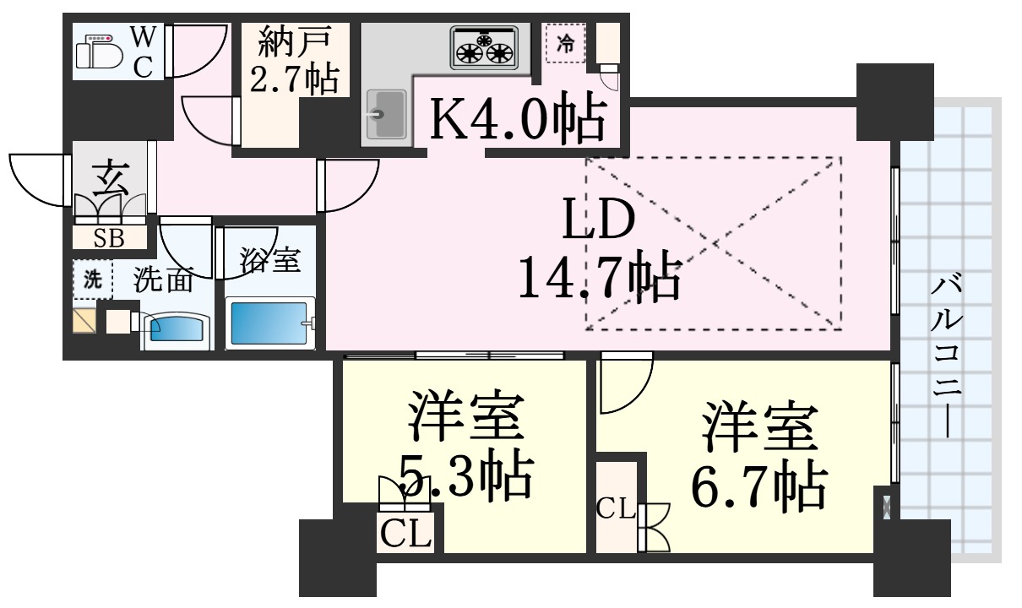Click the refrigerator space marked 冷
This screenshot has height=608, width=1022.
point(567,45)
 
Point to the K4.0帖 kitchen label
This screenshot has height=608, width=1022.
point(518,120)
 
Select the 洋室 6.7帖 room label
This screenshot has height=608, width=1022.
point(756,455)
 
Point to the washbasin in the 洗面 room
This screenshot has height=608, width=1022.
point(174,328)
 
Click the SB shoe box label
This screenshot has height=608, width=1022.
point(109,238)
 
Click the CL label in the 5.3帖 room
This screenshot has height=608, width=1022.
point(405,534)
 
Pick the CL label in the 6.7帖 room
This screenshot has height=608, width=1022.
point(616,508)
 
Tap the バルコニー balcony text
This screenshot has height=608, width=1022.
point(947,355)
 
